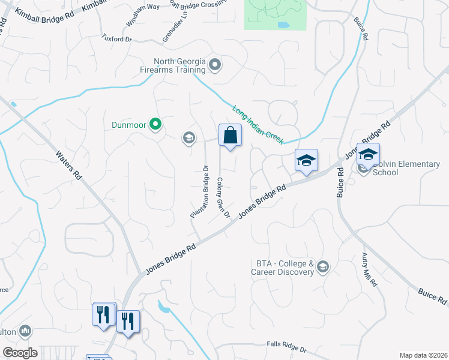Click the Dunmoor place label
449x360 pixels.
coord(129,125)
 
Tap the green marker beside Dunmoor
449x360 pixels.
coord(155,125)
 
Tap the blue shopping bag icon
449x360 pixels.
coord(230,136)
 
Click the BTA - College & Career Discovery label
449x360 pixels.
coord(285,268)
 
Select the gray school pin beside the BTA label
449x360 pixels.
coord(323,267)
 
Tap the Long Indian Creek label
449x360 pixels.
coord(258,124)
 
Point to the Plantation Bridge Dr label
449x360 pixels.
coord(199,191)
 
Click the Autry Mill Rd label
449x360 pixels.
coord(369,269)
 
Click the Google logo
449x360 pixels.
coord(20,353)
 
